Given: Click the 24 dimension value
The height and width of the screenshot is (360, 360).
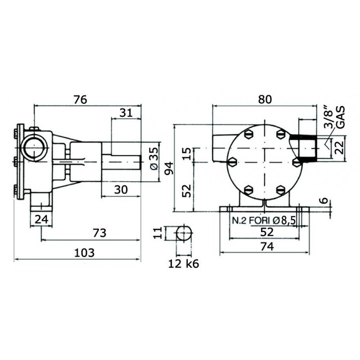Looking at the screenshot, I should tap(40, 220).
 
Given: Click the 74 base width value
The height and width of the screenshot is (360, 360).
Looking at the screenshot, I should tap(266, 247).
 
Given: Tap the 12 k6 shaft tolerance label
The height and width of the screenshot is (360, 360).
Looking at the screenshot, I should tap(183, 264).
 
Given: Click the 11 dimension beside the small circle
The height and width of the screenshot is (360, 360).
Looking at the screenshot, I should tap(157, 233).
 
